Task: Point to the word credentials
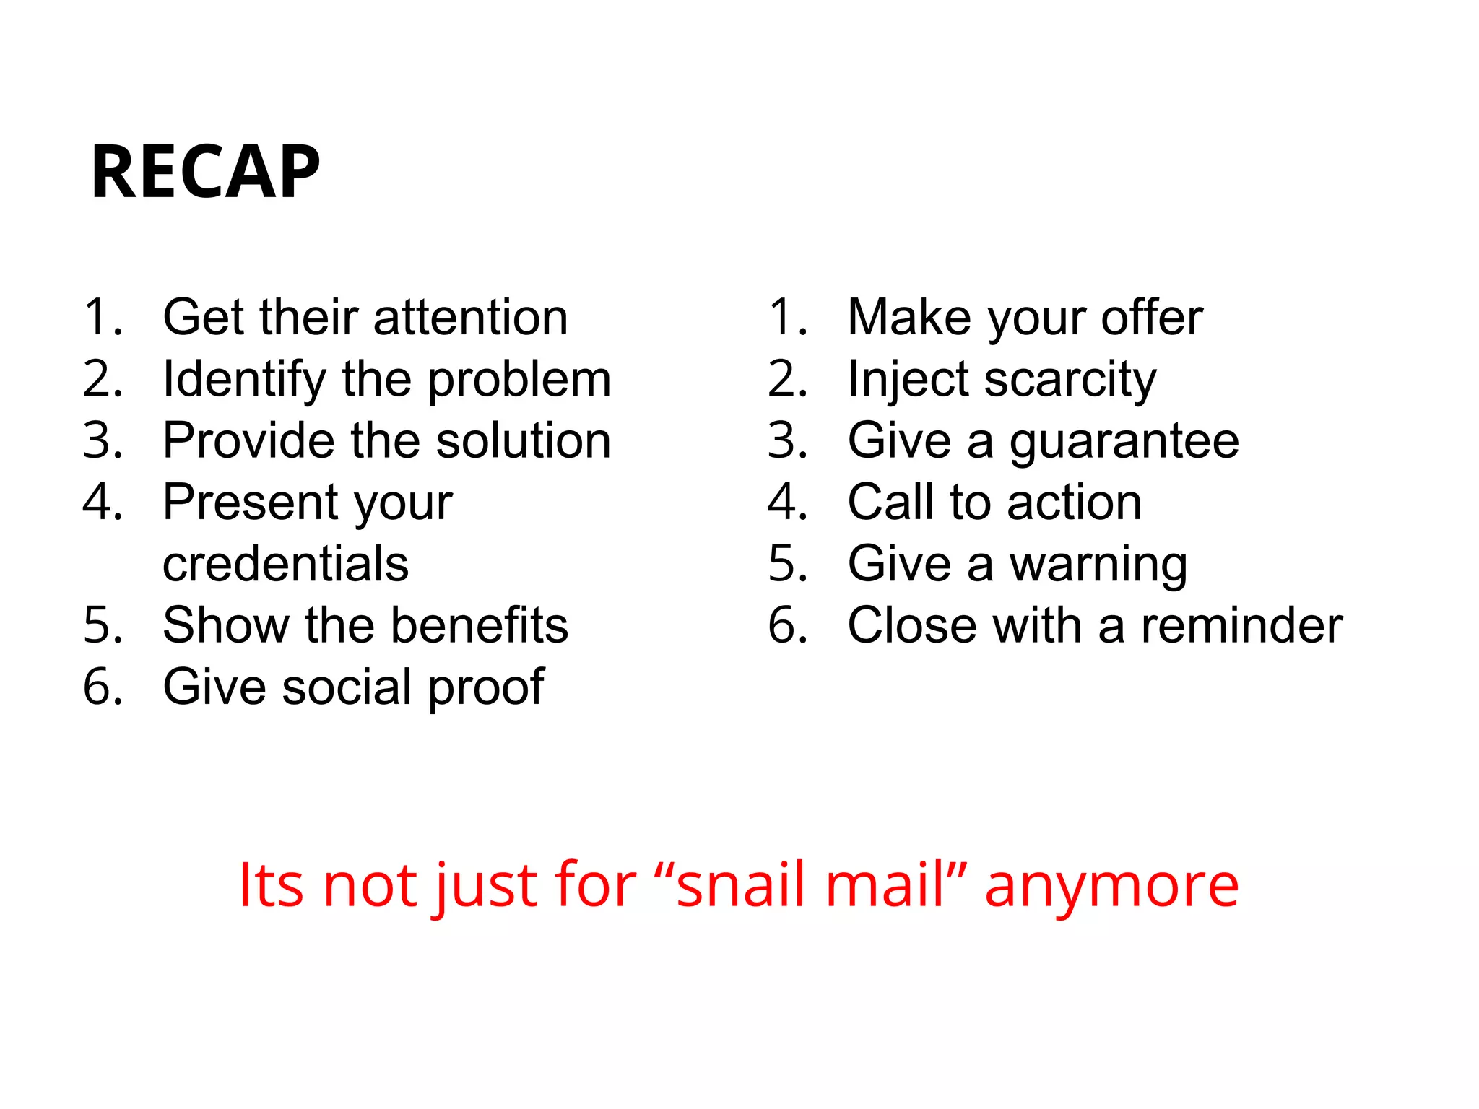[x=285, y=564]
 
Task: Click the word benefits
[x=480, y=625]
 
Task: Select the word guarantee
[x=1124, y=442]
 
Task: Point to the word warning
[x=1098, y=565]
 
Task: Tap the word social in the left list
[x=347, y=687]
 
